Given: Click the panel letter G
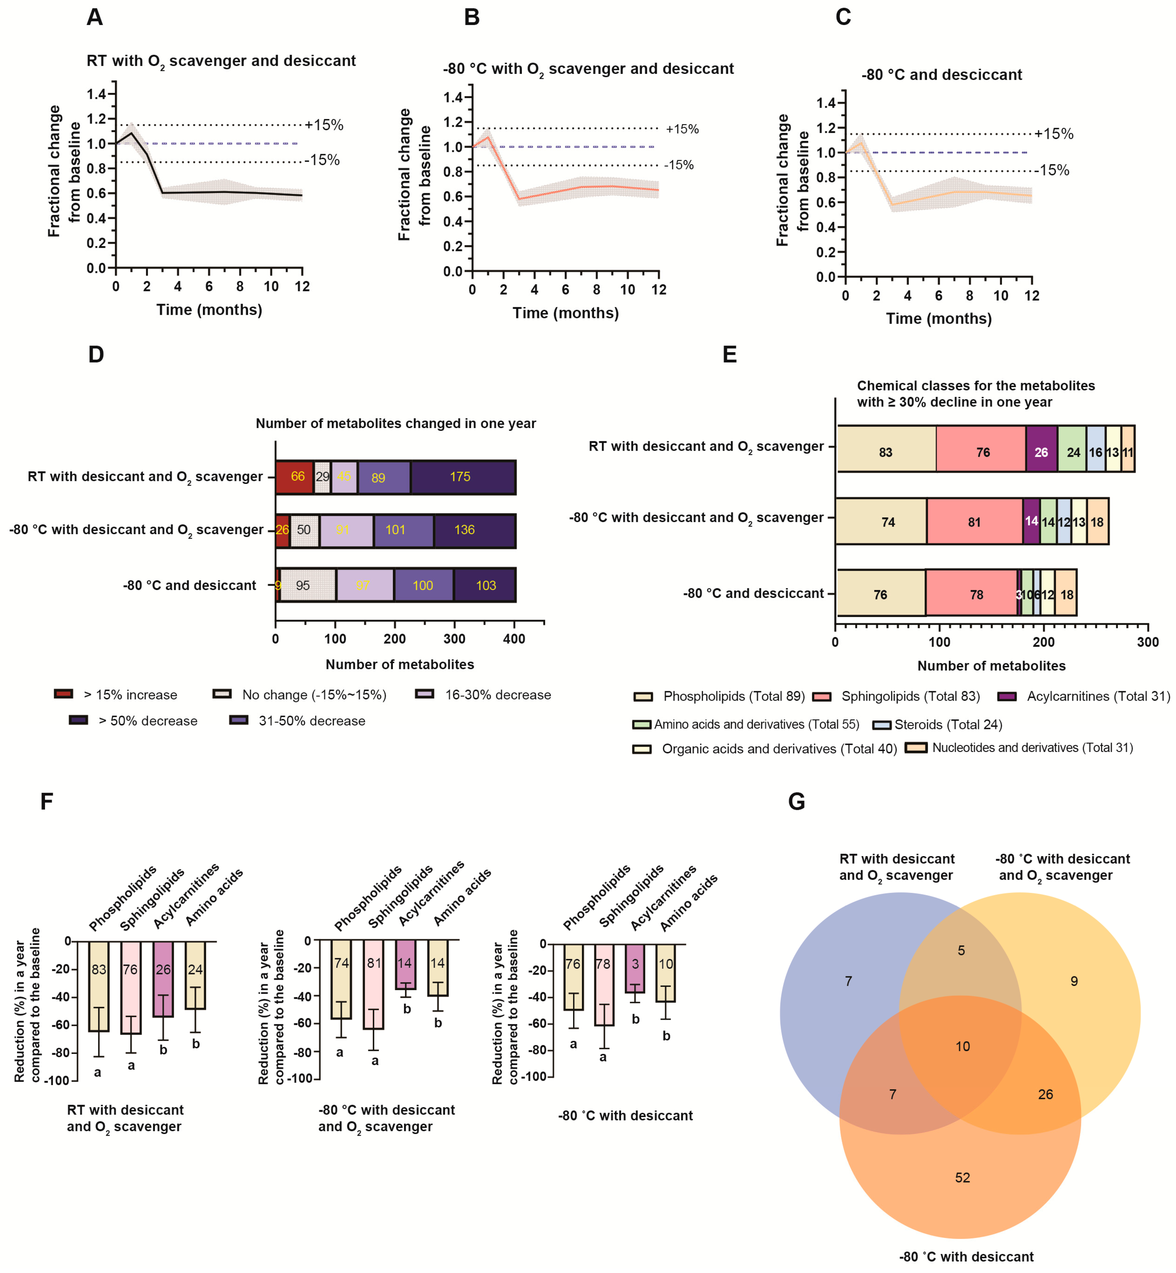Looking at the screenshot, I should (x=796, y=801).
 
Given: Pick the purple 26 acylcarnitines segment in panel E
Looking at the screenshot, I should (x=1041, y=452).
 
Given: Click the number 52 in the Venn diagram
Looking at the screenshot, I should (x=962, y=1177).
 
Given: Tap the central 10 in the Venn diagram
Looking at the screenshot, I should (x=962, y=1046).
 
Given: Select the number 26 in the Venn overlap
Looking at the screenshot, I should (x=1045, y=1094).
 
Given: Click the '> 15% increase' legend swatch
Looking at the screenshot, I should (x=64, y=694).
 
